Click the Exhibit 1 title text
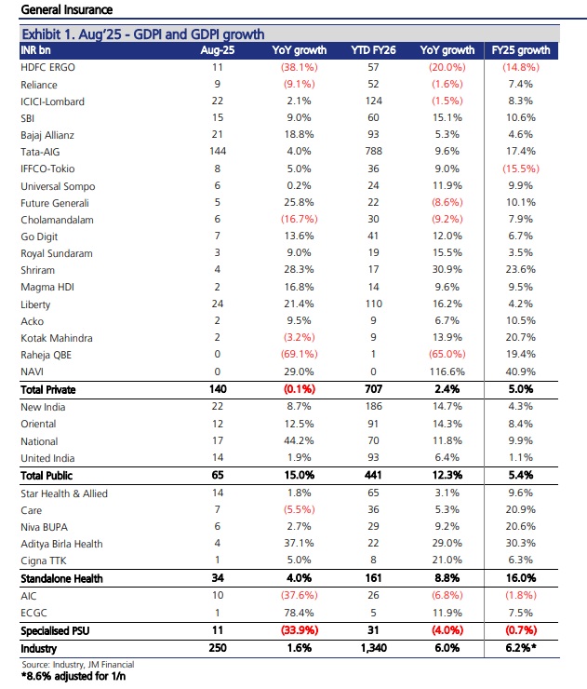click(x=143, y=34)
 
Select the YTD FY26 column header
click(x=373, y=50)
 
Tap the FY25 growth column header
click(x=521, y=50)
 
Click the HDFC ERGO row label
click(x=47, y=67)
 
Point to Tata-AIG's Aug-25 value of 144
click(x=218, y=151)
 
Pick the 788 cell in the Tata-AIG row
click(x=373, y=151)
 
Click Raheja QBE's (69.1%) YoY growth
click(x=299, y=354)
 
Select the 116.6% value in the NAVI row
click(x=447, y=372)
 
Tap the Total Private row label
click(x=48, y=390)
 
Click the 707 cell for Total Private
click(x=373, y=389)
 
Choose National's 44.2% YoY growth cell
click(x=299, y=440)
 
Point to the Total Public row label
click(x=47, y=476)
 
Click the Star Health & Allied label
click(x=64, y=493)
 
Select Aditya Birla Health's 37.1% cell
click(x=299, y=543)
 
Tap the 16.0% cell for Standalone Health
click(x=521, y=578)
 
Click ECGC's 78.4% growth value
click(x=299, y=613)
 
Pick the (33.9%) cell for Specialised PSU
click(x=300, y=630)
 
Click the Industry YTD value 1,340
click(x=374, y=648)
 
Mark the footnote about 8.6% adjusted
click(x=73, y=676)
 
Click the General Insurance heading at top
click(x=67, y=9)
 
